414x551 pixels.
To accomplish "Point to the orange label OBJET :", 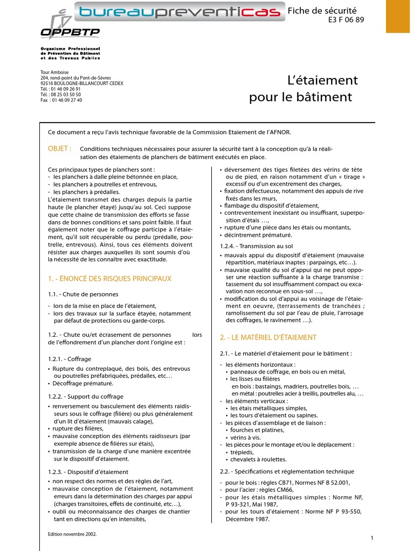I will click(60, 148).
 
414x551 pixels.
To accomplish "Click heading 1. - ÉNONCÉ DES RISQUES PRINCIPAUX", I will click(109, 279).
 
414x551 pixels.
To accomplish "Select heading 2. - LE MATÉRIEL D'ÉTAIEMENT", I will click(268, 337).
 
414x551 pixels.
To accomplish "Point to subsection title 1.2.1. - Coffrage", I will click(70, 359).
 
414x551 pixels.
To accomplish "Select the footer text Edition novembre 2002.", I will click(72, 535).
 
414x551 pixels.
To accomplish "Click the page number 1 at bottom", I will click(372, 539).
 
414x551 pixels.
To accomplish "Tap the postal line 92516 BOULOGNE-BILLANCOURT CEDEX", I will click(81, 83).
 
